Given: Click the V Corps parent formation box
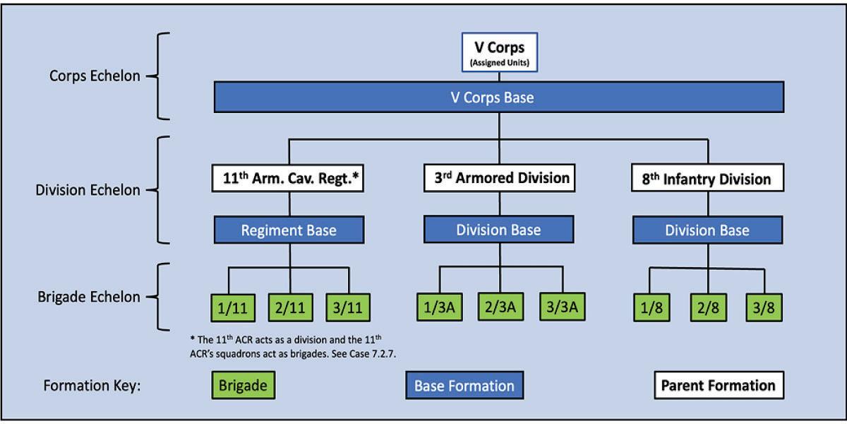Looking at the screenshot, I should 498,52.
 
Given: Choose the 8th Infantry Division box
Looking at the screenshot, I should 708,178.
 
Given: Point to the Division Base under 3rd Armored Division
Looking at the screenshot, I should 499,230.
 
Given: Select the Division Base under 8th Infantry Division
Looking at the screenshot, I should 708,230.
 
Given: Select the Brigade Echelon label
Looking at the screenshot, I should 88,297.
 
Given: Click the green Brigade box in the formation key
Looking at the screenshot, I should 243,386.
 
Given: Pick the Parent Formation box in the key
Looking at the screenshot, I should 717,386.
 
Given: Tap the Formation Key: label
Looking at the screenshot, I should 92,387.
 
